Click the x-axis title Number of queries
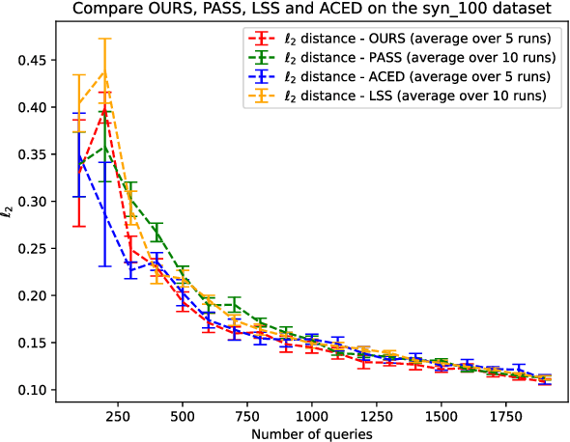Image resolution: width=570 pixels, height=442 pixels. pyautogui.click(x=311, y=433)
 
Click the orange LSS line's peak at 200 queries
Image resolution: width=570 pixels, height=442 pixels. pyautogui.click(x=104, y=71)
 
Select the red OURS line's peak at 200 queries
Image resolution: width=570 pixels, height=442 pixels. pyautogui.click(x=104, y=109)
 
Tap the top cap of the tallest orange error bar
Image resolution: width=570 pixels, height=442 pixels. pyautogui.click(x=104, y=39)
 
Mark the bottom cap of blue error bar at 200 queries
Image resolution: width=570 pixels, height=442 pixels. pyautogui.click(x=104, y=265)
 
